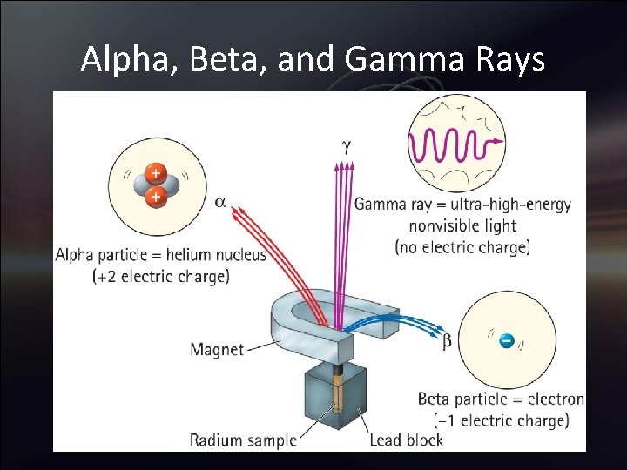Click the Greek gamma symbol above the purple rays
pos(346,147)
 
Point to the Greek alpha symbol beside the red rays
pos(220,201)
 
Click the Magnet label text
pos(217,350)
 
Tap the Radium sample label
pos(243,440)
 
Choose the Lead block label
pos(406,440)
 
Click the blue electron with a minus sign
pos(506,341)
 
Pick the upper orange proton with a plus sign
pos(154,173)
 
